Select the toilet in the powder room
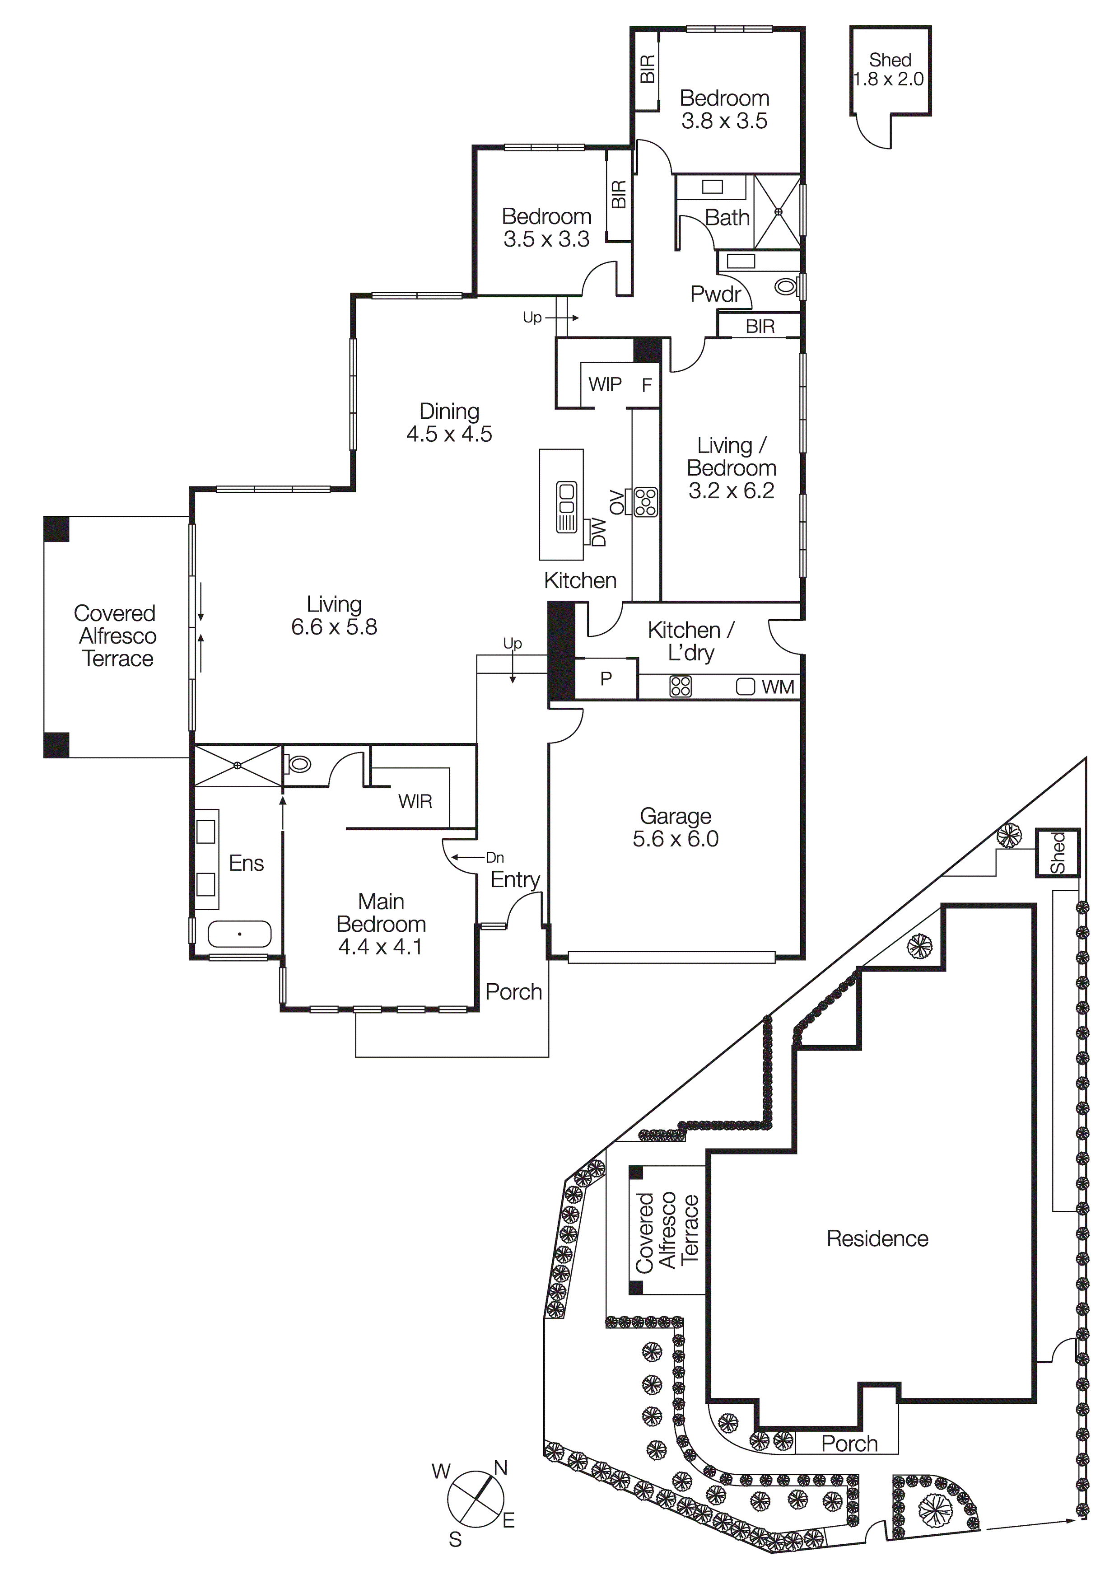786,285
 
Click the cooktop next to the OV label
646,502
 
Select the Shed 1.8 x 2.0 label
889,70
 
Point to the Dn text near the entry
494,858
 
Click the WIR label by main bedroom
415,802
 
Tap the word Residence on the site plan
877,1239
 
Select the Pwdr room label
715,294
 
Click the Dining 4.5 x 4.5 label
449,422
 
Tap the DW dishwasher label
599,533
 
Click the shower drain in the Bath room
778,212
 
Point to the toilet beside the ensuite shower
299,764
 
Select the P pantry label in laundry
606,679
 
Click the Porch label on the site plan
849,1444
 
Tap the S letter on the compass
455,1539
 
